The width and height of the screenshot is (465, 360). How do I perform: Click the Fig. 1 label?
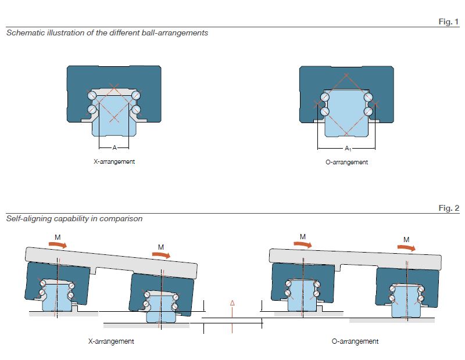pos(448,22)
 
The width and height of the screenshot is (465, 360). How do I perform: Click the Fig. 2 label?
pos(448,208)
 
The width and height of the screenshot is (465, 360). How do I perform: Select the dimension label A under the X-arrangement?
pos(114,148)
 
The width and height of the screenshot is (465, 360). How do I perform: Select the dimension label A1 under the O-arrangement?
pos(347,149)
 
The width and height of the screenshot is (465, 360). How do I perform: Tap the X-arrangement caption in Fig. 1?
pos(114,161)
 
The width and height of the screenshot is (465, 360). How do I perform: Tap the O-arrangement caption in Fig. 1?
pos(346,162)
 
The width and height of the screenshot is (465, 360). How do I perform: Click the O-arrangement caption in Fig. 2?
pos(355,341)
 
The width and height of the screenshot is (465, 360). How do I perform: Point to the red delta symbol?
pos(232,303)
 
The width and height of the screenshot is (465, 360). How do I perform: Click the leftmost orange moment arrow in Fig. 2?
pos(57,246)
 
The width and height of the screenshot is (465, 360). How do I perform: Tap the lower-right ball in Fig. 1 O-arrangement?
pos(367,110)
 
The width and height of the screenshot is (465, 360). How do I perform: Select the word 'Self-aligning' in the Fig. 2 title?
pos(27,219)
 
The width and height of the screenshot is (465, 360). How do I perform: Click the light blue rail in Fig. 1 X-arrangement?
pos(114,119)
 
